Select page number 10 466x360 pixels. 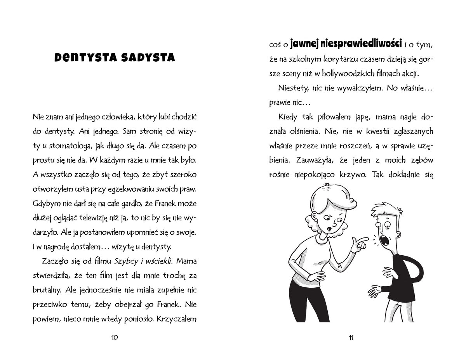coord(115,337)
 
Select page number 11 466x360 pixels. coord(351,337)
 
